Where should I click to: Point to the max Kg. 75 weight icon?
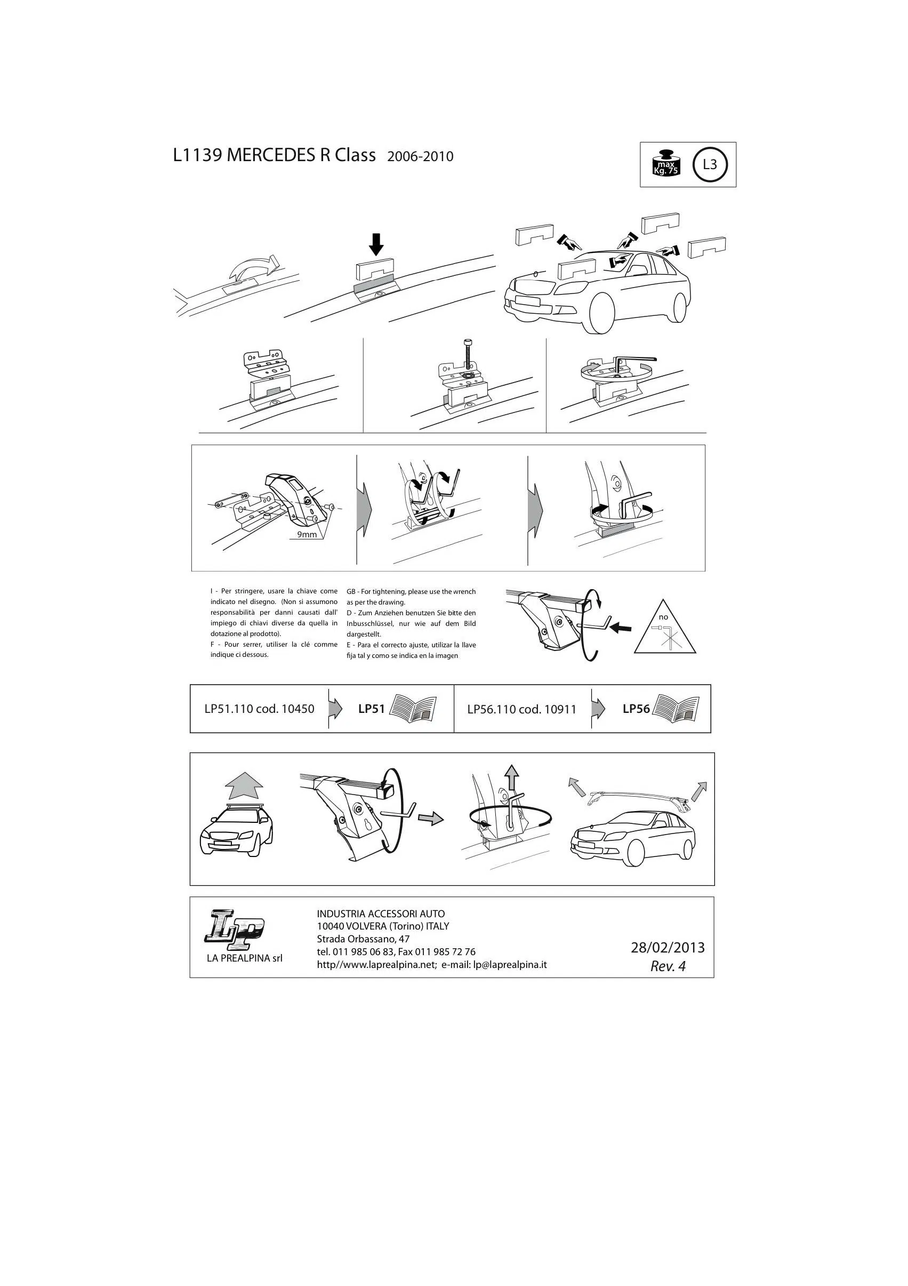tap(665, 164)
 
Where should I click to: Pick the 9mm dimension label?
tap(307, 534)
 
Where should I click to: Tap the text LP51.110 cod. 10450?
tap(259, 709)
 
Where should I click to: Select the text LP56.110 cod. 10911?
tap(522, 709)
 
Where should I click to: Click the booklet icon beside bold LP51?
tap(413, 709)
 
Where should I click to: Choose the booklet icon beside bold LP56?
tap(676, 709)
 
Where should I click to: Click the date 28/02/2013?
tap(668, 948)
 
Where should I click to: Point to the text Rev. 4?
tap(668, 966)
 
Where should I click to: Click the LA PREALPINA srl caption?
tap(245, 958)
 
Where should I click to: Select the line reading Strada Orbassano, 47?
tap(363, 939)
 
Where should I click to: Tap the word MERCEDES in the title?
tap(271, 156)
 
